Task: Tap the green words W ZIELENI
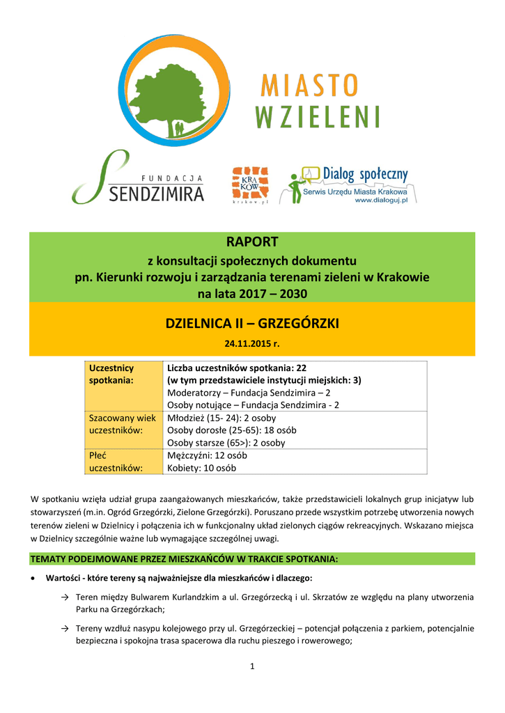(x=318, y=116)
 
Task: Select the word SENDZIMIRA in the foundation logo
(x=157, y=192)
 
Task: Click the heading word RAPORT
(x=251, y=242)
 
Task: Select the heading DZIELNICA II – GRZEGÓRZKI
(x=251, y=324)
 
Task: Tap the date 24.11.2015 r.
(x=251, y=344)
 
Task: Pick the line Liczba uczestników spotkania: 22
(x=237, y=368)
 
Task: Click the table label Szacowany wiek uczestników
(x=122, y=424)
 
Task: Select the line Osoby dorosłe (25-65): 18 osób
(x=231, y=430)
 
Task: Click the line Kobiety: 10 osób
(x=201, y=468)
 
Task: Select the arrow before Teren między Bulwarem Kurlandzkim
(x=64, y=597)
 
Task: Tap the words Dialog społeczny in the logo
(x=365, y=173)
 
